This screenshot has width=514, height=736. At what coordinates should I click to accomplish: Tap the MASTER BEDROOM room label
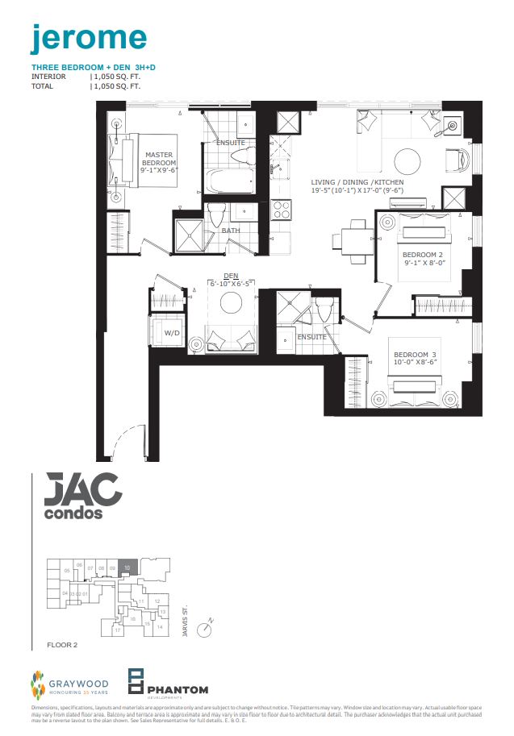(x=159, y=160)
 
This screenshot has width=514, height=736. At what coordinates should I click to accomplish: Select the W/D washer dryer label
(x=172, y=332)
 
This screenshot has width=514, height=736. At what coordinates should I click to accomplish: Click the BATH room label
(x=231, y=231)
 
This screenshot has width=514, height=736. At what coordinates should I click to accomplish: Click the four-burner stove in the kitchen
(x=282, y=210)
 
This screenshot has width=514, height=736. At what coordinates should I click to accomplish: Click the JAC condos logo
(x=77, y=496)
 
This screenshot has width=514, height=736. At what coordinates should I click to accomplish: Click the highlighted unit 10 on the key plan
(x=127, y=567)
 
